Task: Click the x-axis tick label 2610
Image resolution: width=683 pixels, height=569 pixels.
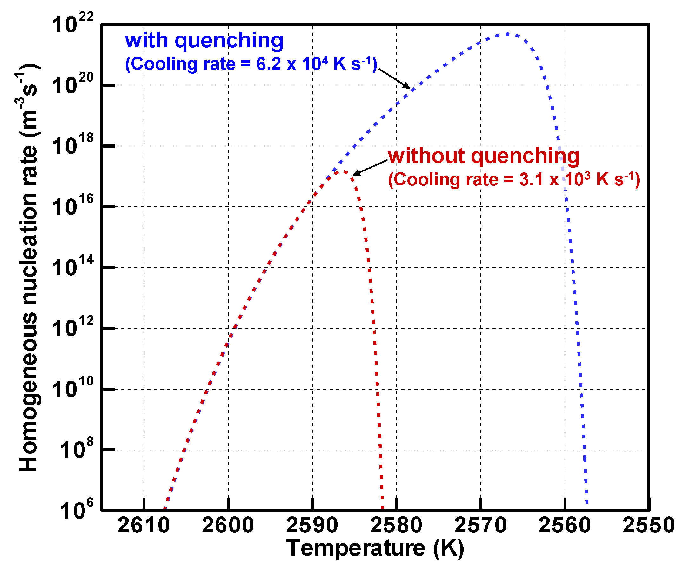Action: (144, 525)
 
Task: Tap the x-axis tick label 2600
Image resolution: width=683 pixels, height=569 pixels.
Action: (228, 525)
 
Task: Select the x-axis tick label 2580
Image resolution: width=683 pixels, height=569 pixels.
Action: (396, 525)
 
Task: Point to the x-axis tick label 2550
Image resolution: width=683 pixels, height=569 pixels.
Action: (648, 525)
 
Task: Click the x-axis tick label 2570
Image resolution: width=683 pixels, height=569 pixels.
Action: (480, 525)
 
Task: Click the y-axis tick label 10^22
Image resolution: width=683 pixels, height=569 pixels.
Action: (72, 23)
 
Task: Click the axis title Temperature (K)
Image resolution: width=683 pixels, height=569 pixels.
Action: (375, 549)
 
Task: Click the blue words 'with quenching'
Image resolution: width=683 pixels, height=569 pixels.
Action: (204, 41)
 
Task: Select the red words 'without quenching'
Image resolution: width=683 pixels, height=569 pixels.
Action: (484, 156)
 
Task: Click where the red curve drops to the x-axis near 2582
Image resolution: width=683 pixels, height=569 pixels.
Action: (383, 507)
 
